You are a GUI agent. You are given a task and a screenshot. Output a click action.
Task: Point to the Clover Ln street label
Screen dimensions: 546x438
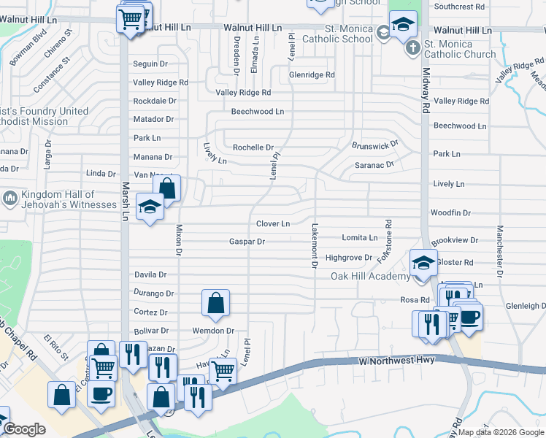pyautogui.click(x=273, y=223)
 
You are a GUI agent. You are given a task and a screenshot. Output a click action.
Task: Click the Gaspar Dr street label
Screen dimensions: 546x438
pyautogui.click(x=246, y=241)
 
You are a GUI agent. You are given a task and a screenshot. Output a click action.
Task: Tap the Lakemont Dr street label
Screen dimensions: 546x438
pyautogui.click(x=315, y=245)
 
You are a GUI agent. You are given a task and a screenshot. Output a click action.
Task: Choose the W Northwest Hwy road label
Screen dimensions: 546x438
pyautogui.click(x=397, y=361)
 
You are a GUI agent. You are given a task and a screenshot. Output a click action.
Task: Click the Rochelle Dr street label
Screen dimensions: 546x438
pyautogui.click(x=253, y=147)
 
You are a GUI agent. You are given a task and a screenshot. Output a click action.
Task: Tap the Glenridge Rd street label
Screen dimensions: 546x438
pyautogui.click(x=312, y=75)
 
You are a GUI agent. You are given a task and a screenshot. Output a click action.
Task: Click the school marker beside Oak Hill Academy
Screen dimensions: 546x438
pyautogui.click(x=423, y=262)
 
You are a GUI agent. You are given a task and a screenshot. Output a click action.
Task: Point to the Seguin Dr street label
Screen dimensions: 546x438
pyautogui.click(x=150, y=64)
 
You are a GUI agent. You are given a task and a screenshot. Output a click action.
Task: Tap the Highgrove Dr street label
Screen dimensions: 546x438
pyautogui.click(x=349, y=258)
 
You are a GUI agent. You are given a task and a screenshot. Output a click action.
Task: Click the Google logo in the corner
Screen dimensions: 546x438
pyautogui.click(x=23, y=429)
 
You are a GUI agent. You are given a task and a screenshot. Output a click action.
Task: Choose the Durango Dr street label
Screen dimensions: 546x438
pyautogui.click(x=154, y=293)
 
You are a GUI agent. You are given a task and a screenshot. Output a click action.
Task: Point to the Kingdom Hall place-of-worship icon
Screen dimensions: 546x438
pyautogui.click(x=10, y=198)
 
